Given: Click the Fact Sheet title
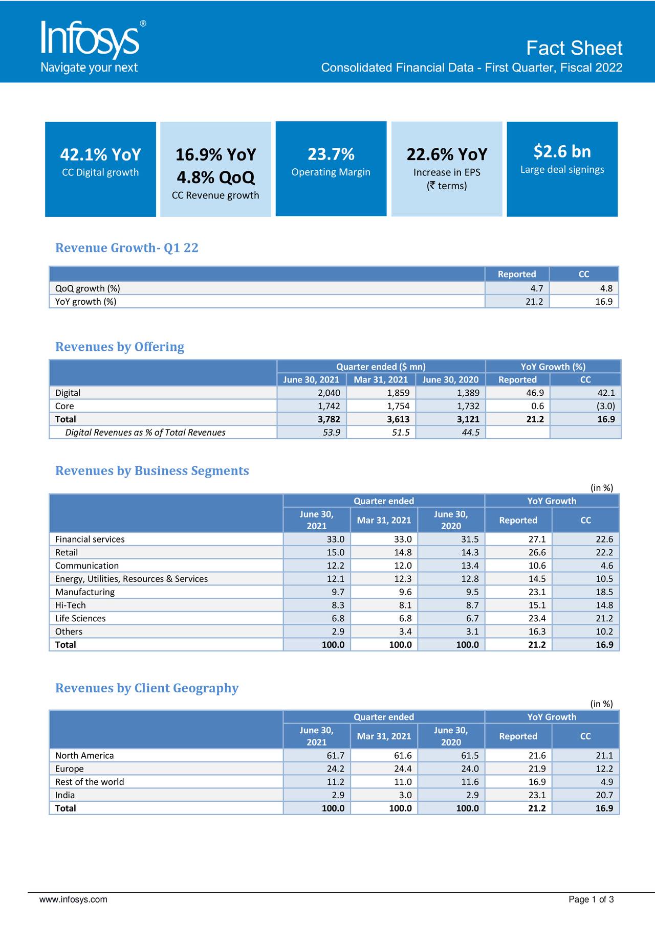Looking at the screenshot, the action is (574, 48).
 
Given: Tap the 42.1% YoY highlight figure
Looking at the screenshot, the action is (100, 154).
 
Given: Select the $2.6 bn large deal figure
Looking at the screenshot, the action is (562, 151).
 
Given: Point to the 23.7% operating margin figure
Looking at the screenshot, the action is (331, 154).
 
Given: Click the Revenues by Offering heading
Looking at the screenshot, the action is (120, 347).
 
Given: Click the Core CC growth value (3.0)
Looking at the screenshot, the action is (604, 406).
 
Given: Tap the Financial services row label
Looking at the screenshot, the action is (90, 539).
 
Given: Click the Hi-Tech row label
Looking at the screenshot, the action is (71, 605).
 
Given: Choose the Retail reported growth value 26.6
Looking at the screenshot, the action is (537, 553).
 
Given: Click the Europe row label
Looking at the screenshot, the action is (70, 769).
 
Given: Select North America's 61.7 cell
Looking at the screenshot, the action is (335, 756).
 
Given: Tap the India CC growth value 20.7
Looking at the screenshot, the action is (604, 795).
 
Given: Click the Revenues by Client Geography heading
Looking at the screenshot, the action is (147, 688).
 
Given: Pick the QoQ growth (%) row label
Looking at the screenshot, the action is (88, 288).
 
